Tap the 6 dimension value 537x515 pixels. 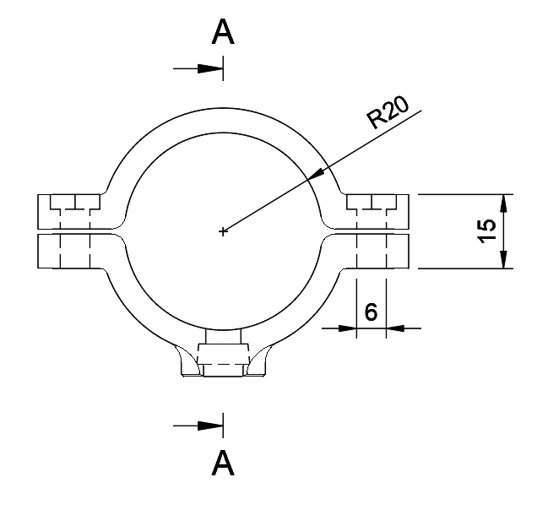(x=371, y=312)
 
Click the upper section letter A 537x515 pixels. (x=223, y=33)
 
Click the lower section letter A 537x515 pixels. (x=223, y=462)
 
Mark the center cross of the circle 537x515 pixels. (x=223, y=231)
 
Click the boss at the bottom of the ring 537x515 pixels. (x=221, y=359)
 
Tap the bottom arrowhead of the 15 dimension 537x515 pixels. (x=504, y=259)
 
